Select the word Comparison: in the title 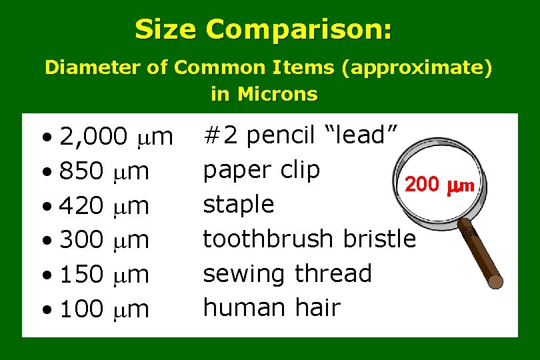point(299,30)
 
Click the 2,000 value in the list point(94,137)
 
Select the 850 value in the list point(81,172)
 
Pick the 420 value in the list point(81,206)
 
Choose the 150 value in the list point(81,274)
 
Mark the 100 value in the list point(81,309)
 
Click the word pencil point(277,136)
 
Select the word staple point(238,205)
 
